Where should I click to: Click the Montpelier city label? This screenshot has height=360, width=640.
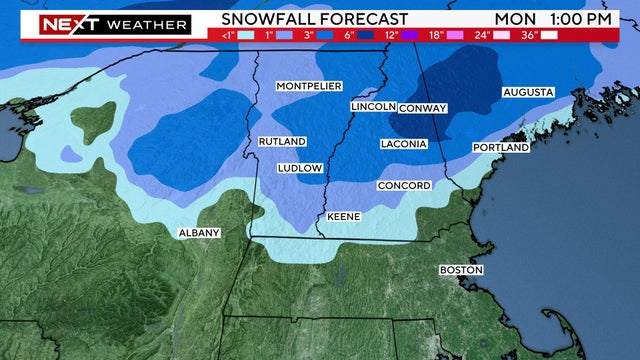(309, 86)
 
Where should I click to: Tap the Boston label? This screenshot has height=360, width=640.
(461, 270)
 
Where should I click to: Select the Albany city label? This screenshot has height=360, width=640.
(198, 233)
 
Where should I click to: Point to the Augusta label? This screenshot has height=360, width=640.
(527, 92)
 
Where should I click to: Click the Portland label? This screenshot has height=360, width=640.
(500, 148)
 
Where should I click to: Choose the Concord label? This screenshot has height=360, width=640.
(404, 186)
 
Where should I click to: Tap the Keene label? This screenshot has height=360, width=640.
(344, 216)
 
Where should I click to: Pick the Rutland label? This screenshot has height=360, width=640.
(282, 142)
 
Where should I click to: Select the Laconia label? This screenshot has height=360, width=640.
(404, 144)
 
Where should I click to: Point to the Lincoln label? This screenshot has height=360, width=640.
(373, 106)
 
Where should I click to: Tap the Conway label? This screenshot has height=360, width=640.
(422, 108)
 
